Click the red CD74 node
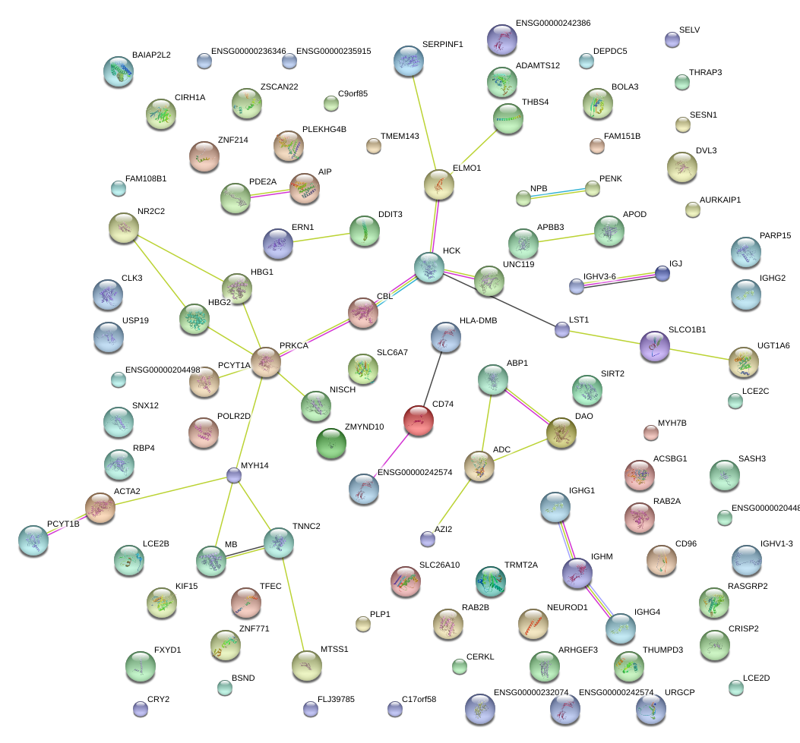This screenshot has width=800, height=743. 419,421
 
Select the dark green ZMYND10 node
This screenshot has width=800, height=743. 331,443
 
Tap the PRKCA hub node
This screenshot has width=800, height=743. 266,362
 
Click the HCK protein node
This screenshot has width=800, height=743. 429,267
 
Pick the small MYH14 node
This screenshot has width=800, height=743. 234,475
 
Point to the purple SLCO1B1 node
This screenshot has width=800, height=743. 655,347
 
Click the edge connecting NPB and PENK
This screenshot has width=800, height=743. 558,193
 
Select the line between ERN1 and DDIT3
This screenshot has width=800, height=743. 321,238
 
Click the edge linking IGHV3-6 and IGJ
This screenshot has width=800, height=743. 619,280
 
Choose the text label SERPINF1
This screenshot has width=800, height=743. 443,44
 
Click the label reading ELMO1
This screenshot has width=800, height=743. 466,168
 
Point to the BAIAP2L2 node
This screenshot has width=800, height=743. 119,71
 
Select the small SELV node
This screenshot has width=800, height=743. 672,39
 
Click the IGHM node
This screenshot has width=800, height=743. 577,573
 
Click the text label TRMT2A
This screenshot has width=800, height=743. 521,565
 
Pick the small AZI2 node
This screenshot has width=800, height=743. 428,539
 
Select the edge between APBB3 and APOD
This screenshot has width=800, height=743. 566,238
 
